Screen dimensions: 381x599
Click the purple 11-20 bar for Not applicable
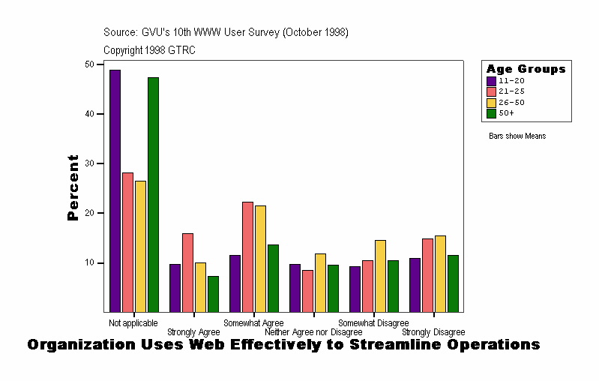115,190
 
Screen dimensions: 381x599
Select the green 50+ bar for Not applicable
153,194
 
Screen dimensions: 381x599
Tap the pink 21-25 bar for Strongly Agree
187,272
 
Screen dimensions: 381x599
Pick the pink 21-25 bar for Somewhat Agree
247,256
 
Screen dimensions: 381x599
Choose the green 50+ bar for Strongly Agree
213,293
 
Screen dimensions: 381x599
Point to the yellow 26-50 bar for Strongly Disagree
440,274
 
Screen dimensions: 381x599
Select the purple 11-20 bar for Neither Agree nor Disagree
295,288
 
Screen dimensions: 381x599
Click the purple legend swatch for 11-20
492,81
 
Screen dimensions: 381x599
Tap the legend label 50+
507,113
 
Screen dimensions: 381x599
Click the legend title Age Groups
526,69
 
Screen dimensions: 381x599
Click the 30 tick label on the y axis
89,163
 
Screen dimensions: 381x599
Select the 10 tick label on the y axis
89,262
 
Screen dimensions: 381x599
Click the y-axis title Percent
73,187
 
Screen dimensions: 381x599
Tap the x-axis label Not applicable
133,322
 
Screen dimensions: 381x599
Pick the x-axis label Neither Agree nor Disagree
313,331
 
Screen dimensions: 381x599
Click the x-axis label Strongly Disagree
433,331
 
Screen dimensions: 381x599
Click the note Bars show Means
517,136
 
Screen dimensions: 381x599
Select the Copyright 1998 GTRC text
149,49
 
